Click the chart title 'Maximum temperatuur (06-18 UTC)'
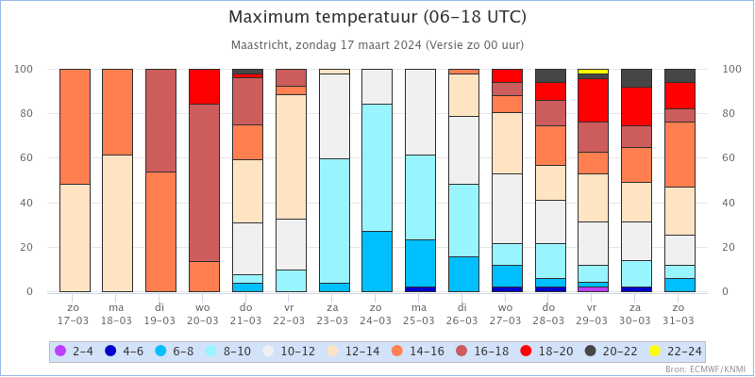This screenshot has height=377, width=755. pyautogui.click(x=377, y=17)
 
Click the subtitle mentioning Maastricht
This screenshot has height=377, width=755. pyautogui.click(x=377, y=45)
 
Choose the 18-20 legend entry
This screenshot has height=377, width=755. pyautogui.click(x=547, y=352)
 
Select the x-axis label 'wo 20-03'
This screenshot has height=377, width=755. pyautogui.click(x=204, y=313)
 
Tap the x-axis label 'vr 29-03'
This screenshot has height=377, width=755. pyautogui.click(x=593, y=313)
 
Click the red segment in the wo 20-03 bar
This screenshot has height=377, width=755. pyautogui.click(x=204, y=87)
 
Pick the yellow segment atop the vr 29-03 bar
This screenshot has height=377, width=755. pyautogui.click(x=593, y=72)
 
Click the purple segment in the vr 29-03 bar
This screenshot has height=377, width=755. pyautogui.click(x=593, y=289)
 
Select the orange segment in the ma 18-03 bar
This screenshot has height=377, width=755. pyautogui.click(x=117, y=112)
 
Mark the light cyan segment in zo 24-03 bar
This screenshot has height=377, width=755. pyautogui.click(x=377, y=168)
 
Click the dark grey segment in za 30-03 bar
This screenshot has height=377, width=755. pyautogui.click(x=636, y=78)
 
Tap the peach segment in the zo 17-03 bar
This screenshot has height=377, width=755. pyautogui.click(x=75, y=238)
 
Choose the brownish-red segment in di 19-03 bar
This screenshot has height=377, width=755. pyautogui.click(x=160, y=121)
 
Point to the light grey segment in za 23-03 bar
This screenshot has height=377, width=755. pyautogui.click(x=334, y=116)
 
